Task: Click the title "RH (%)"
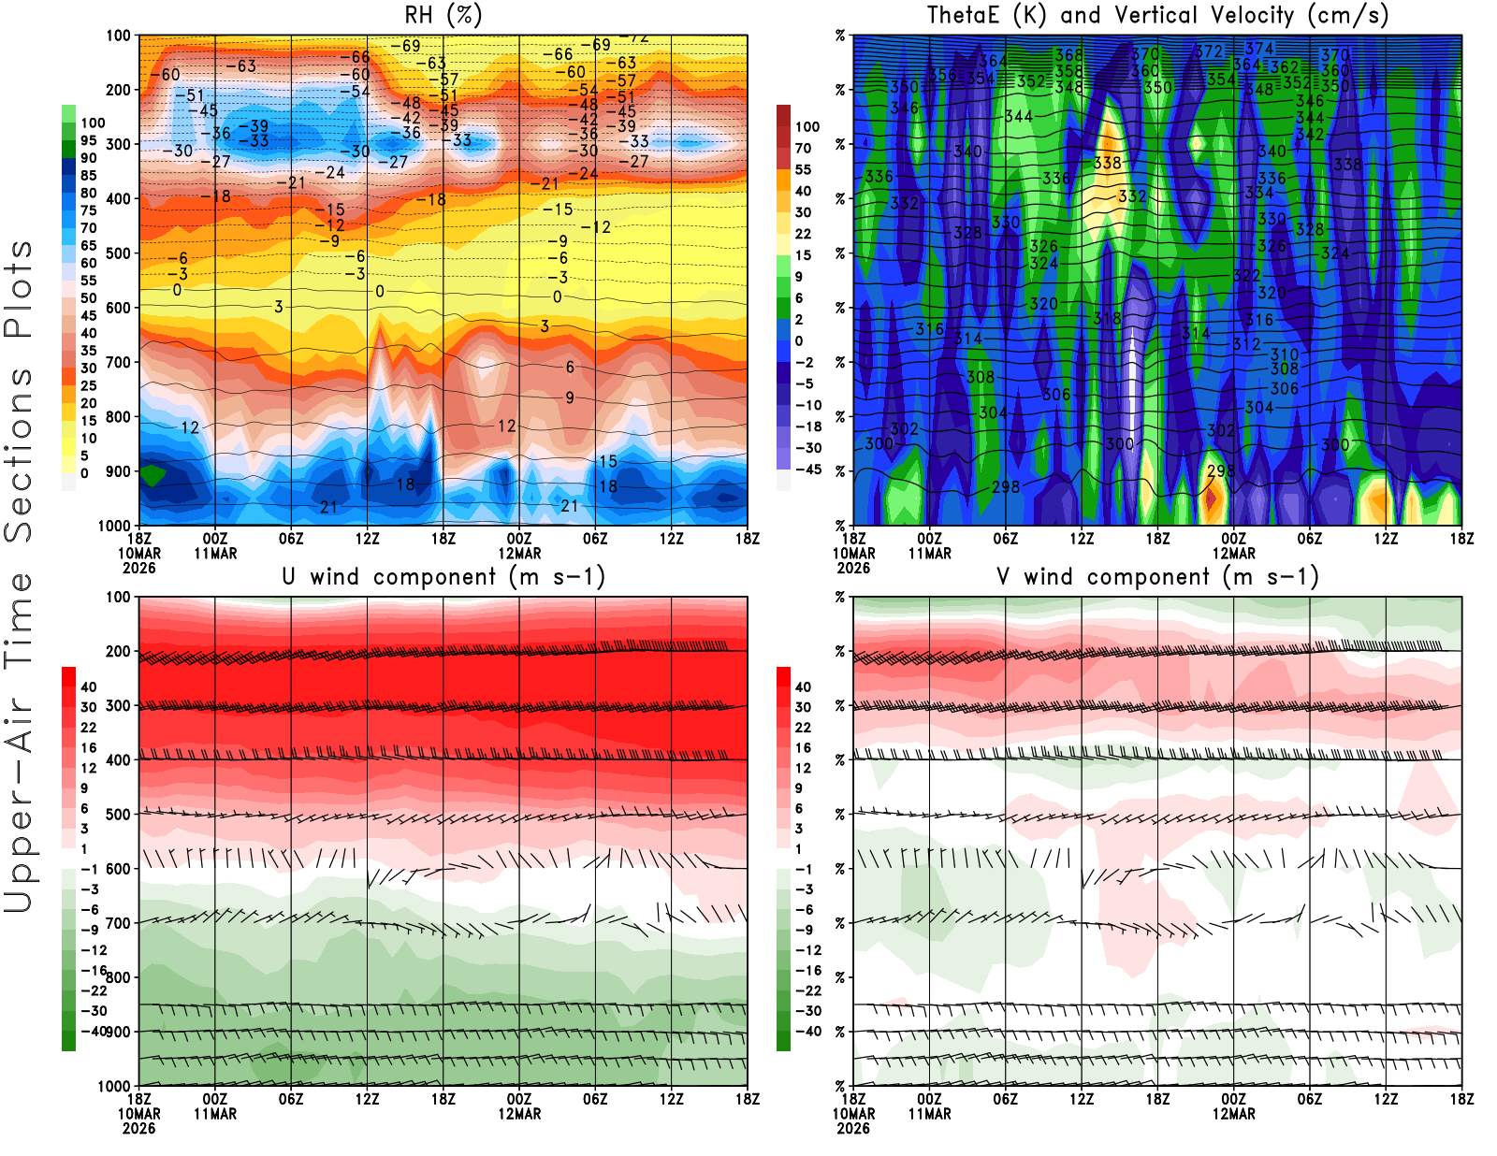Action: [443, 16]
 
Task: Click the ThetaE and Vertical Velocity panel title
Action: [1157, 16]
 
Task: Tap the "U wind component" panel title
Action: [443, 577]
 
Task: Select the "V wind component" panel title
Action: [1157, 577]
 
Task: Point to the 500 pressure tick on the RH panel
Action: [118, 253]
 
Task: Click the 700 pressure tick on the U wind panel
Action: [118, 923]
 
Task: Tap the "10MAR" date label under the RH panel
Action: [138, 554]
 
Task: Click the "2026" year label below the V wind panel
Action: [853, 1128]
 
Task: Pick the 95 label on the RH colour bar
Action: [89, 140]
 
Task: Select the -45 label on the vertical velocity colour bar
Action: [807, 470]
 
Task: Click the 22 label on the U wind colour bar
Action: [89, 728]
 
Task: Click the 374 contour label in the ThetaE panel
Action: [1259, 49]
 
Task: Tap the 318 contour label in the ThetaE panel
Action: [1107, 318]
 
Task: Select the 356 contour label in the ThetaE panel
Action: [942, 75]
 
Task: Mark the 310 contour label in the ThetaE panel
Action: [1285, 354]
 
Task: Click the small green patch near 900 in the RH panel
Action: [152, 474]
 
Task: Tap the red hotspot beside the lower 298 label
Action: [1211, 498]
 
